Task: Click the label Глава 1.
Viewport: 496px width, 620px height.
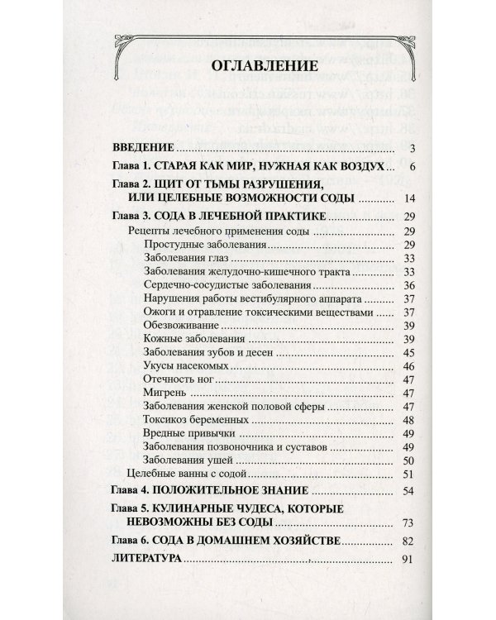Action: (x=131, y=168)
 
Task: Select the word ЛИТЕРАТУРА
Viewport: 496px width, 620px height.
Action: (x=145, y=560)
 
